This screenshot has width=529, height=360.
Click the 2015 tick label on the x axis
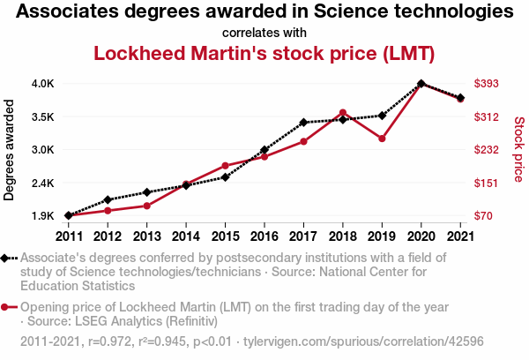point(225,236)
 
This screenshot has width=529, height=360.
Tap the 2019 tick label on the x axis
point(382,236)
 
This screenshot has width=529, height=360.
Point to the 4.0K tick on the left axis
point(42,84)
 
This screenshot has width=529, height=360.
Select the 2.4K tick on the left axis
point(42,183)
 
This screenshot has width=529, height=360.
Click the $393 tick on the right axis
point(488,84)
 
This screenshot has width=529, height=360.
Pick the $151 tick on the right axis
point(488,183)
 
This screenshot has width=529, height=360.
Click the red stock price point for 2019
point(382,139)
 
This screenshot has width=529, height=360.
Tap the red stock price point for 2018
point(342,113)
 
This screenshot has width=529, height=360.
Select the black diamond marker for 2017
point(303,123)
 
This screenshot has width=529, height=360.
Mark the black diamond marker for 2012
point(108,200)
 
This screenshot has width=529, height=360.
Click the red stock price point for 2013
point(146,206)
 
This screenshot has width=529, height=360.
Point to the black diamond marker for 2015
point(225,177)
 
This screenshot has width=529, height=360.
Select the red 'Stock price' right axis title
point(518,150)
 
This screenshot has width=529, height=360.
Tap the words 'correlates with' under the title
point(264,33)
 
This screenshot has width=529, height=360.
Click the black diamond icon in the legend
point(7,258)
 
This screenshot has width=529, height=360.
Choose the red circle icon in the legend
point(7,307)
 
